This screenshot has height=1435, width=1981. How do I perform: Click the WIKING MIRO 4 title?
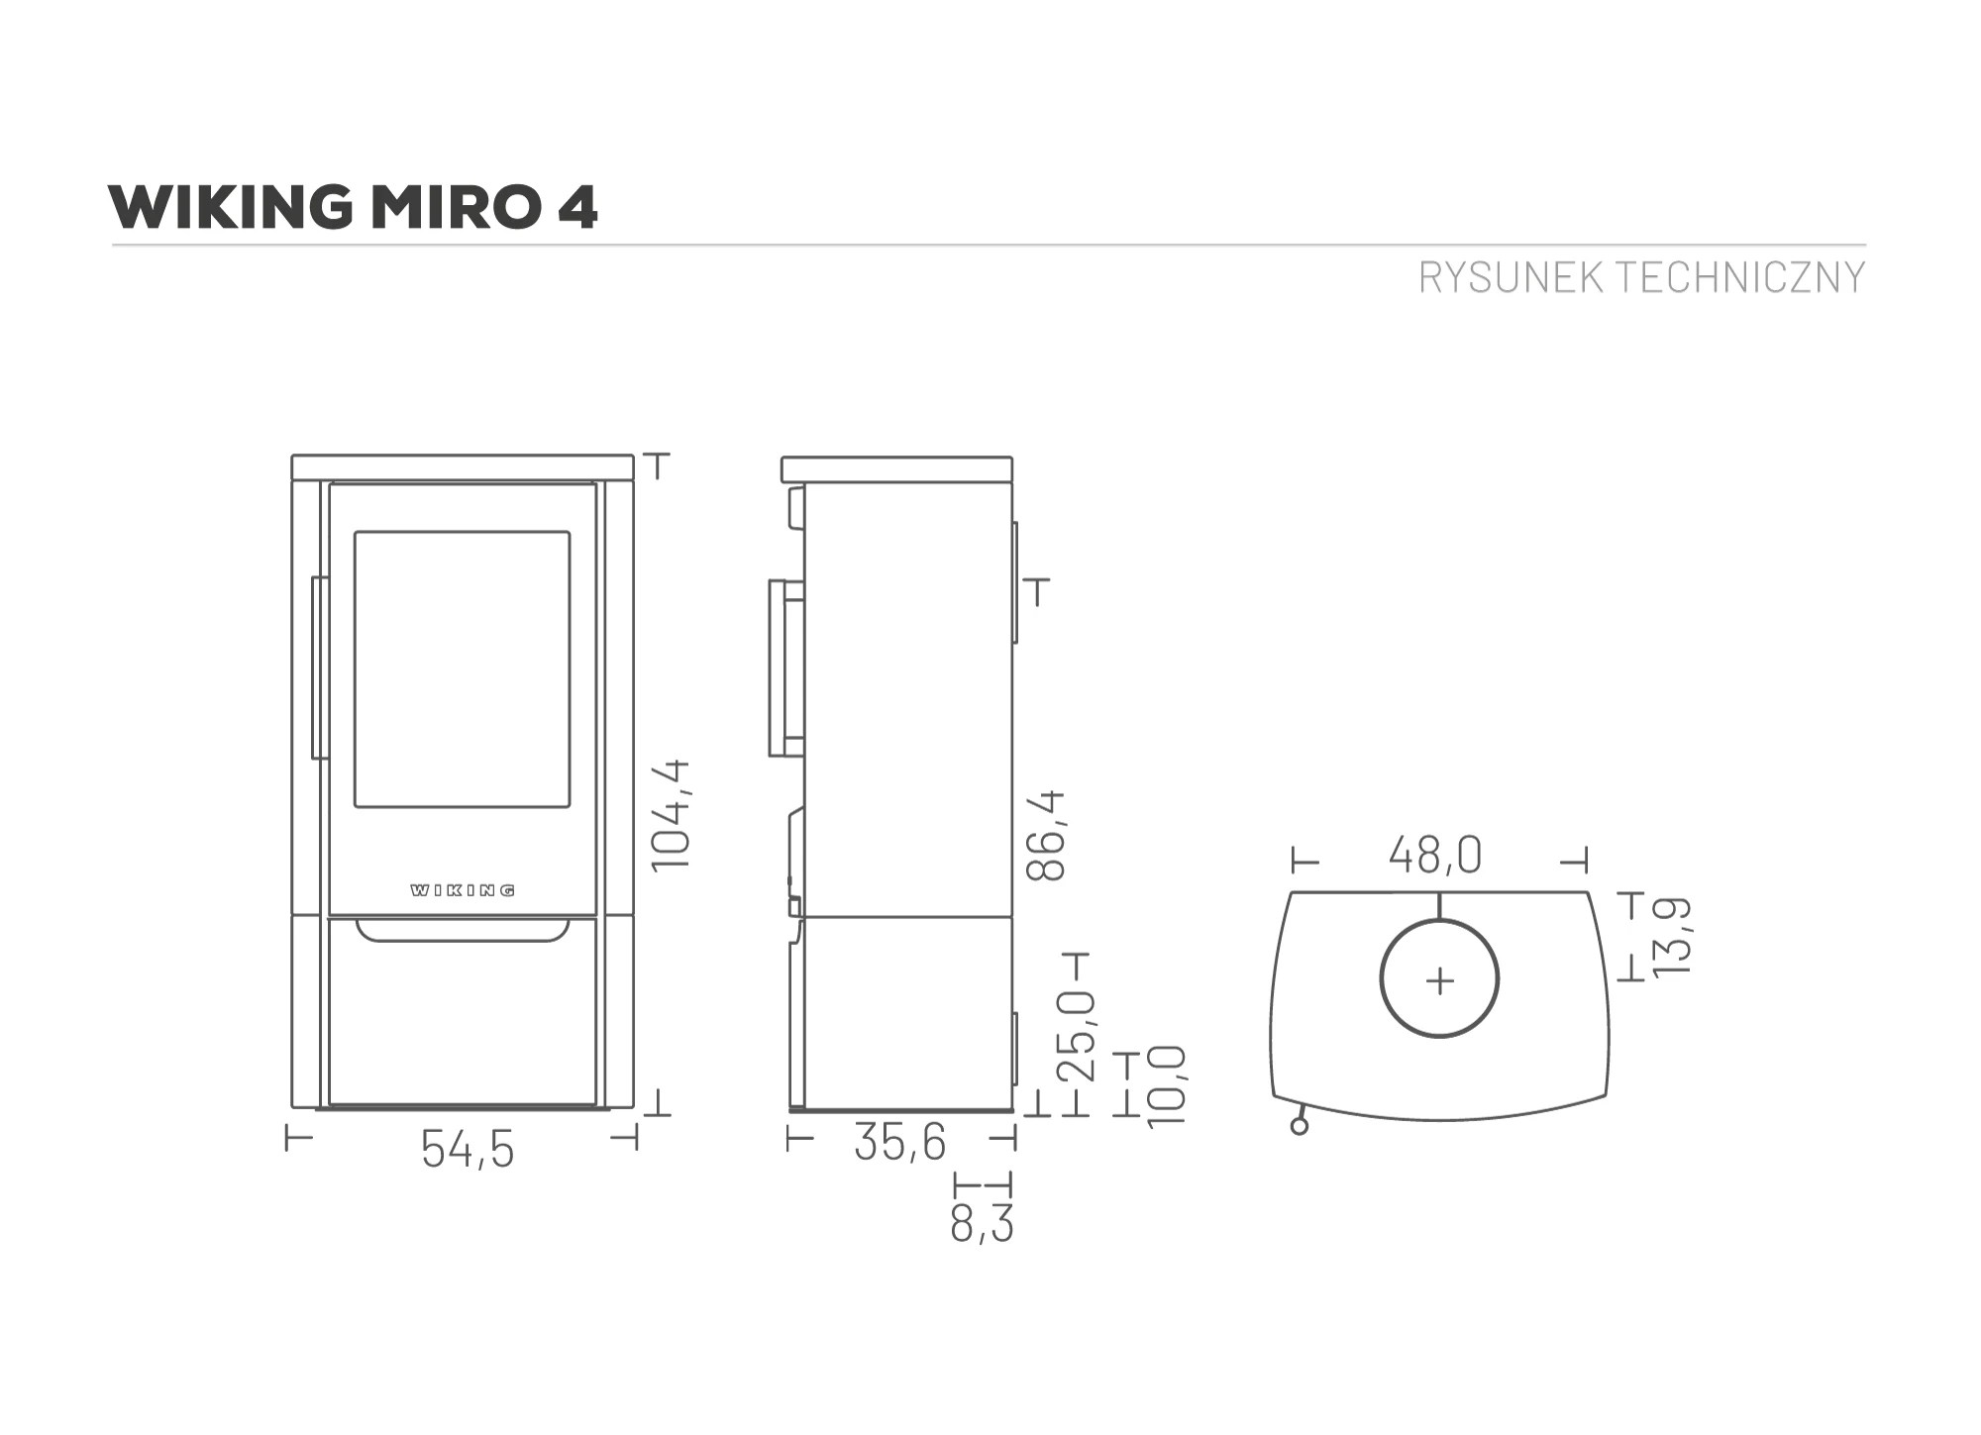353,207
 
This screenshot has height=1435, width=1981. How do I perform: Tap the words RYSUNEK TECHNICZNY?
1641,278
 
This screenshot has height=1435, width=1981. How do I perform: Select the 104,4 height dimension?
671,815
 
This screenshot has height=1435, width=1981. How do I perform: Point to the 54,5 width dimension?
468,1149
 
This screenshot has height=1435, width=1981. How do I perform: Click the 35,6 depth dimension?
899,1142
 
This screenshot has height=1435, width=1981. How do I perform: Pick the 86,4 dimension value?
1046,835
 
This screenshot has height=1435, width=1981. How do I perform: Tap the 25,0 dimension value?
1076,1036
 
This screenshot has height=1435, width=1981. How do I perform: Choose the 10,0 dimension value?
1166,1085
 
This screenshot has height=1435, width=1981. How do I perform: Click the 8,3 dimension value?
982,1224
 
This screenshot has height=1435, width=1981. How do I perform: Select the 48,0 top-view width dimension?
1434,856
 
